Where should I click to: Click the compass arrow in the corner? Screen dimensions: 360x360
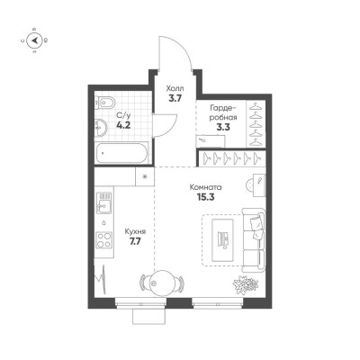tap(35, 40)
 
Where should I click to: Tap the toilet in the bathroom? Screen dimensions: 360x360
tap(103, 103)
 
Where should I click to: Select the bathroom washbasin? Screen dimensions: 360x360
tap(100, 127)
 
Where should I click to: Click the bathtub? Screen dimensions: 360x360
tap(121, 153)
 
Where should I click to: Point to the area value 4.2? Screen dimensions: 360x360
tap(123, 125)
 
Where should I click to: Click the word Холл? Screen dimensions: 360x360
tap(175, 89)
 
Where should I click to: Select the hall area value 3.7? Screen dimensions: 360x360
tap(175, 98)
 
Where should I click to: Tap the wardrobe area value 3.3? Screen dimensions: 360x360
tap(223, 127)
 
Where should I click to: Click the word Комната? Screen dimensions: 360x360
tap(206, 187)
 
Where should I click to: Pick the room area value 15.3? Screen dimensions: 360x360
tap(206, 197)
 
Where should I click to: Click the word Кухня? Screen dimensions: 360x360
tap(135, 231)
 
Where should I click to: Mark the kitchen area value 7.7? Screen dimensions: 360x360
tap(134, 241)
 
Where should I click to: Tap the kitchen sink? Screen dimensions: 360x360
tap(103, 202)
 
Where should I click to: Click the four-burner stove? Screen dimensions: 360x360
tap(103, 240)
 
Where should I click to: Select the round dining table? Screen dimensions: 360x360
tap(162, 283)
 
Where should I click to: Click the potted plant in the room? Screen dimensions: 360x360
tap(246, 284)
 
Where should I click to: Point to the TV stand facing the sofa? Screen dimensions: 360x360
tap(222, 240)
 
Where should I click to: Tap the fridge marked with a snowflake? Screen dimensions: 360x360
tap(145, 176)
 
